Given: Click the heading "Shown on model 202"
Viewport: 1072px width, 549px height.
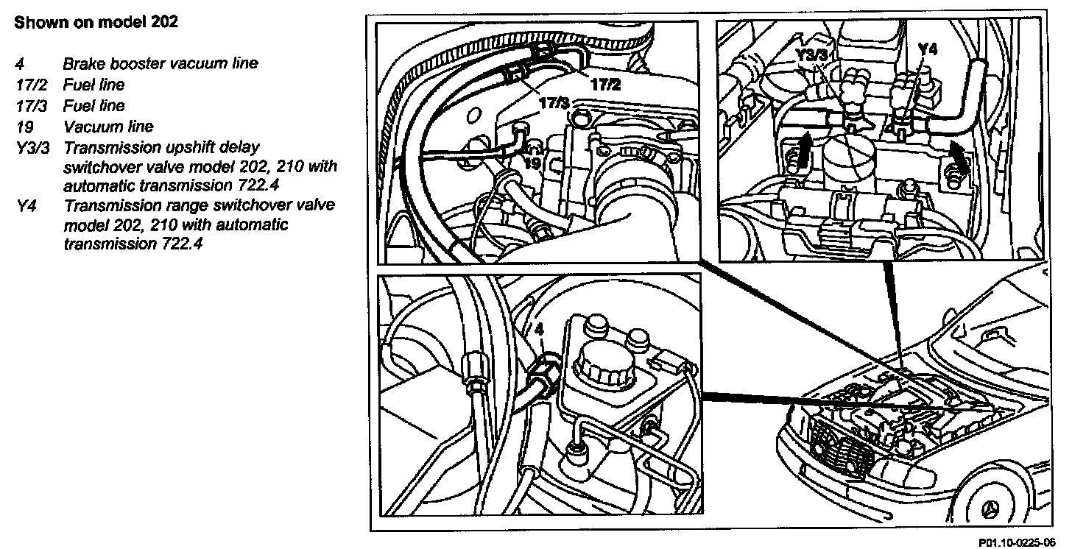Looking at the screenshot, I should click(96, 22).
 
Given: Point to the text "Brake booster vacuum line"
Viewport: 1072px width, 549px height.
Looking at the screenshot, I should click(161, 63).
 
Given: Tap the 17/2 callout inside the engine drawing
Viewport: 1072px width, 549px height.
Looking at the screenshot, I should click(605, 84).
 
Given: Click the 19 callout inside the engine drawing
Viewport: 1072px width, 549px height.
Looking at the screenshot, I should click(533, 164).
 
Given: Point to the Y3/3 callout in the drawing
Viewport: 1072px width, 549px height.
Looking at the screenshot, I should click(815, 54).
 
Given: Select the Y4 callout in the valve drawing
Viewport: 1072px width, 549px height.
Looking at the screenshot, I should click(928, 49).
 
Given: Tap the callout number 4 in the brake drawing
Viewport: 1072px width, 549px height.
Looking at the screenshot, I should click(539, 329).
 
